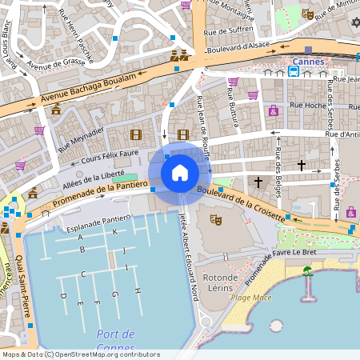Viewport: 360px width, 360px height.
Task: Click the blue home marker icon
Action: click(x=180, y=173)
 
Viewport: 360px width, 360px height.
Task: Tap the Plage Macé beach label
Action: click(x=251, y=298)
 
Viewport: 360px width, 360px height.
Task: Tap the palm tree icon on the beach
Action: click(x=307, y=272)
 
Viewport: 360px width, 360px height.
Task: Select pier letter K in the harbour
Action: click(x=115, y=231)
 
